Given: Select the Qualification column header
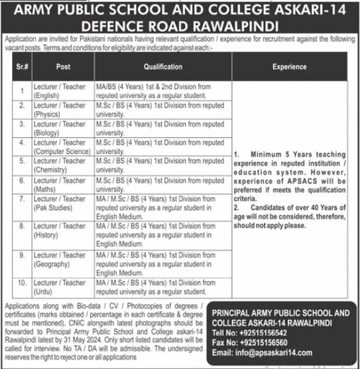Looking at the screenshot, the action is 162,67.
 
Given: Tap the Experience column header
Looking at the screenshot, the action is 289,67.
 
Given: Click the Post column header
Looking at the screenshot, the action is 63,67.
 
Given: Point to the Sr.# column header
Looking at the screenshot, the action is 22,67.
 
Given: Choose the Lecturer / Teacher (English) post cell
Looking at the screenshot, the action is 60,91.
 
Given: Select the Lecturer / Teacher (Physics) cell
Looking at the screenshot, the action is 60,110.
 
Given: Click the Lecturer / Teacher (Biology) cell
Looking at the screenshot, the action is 60,128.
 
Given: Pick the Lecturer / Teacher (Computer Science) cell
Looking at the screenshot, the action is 62,147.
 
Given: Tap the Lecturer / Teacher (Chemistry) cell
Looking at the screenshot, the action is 60,165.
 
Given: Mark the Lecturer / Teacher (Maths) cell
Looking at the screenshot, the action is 60,184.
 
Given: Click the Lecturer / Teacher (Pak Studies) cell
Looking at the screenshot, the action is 60,203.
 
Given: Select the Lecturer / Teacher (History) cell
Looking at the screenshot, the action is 60,231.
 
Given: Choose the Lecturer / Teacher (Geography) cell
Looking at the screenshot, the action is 60,259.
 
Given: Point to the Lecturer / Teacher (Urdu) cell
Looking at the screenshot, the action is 60,287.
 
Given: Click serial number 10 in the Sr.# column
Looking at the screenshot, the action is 22,283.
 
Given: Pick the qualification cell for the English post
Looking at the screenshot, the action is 162,91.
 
